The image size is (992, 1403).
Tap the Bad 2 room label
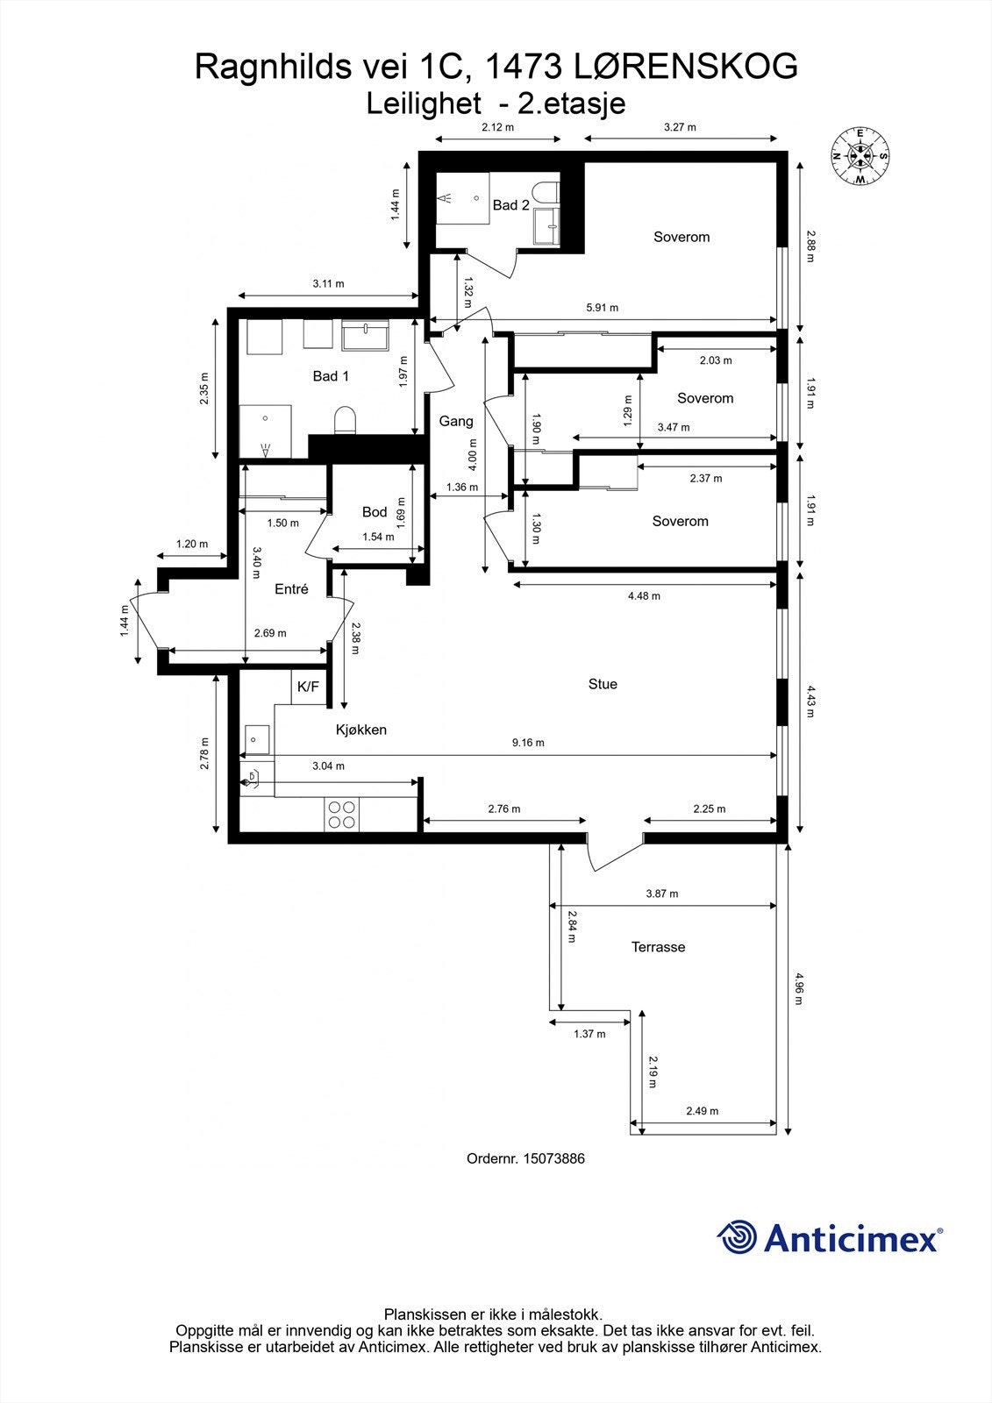click(x=510, y=205)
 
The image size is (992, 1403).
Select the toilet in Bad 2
click(x=549, y=192)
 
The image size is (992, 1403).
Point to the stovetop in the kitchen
click(x=341, y=815)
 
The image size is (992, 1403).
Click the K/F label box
click(x=308, y=687)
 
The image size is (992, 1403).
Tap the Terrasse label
click(x=658, y=947)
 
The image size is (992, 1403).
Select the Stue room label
click(x=603, y=684)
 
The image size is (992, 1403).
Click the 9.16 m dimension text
click(x=528, y=743)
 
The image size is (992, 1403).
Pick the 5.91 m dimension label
click(x=602, y=308)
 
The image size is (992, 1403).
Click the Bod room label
click(x=375, y=512)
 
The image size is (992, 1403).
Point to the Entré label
click(x=291, y=589)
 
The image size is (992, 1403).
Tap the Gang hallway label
click(x=456, y=421)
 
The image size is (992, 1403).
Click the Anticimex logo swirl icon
click(x=737, y=1237)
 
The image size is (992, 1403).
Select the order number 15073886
click(x=553, y=1158)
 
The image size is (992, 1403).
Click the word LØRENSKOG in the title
click(x=685, y=67)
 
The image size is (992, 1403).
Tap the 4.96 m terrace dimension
click(x=798, y=987)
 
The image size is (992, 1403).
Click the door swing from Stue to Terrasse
click(x=614, y=853)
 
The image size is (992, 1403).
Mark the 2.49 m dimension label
click(x=702, y=1111)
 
